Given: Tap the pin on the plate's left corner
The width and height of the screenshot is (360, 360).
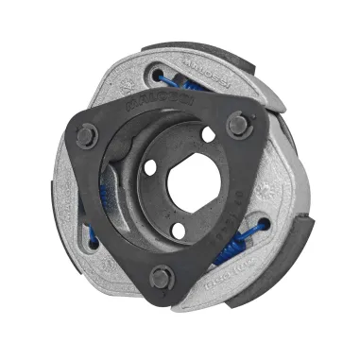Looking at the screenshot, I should pyautogui.click(x=85, y=134).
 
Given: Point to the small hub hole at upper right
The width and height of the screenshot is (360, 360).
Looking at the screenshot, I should pyautogui.click(x=207, y=134).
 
